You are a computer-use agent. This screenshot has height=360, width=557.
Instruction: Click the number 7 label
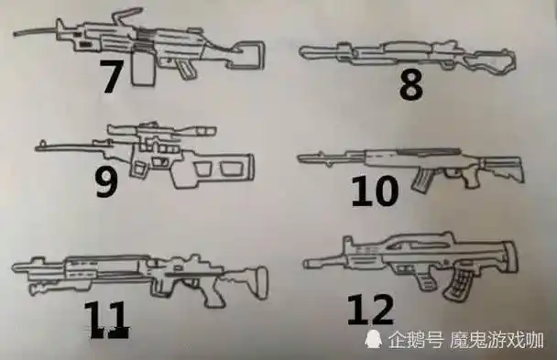(x=111, y=77)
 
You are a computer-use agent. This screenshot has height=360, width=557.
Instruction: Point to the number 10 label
(x=375, y=191)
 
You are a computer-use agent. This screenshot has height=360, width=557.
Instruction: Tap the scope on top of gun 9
(x=151, y=131)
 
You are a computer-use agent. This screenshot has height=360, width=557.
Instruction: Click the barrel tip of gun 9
(x=38, y=145)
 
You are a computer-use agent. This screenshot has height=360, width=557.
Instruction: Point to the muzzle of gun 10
(x=303, y=158)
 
